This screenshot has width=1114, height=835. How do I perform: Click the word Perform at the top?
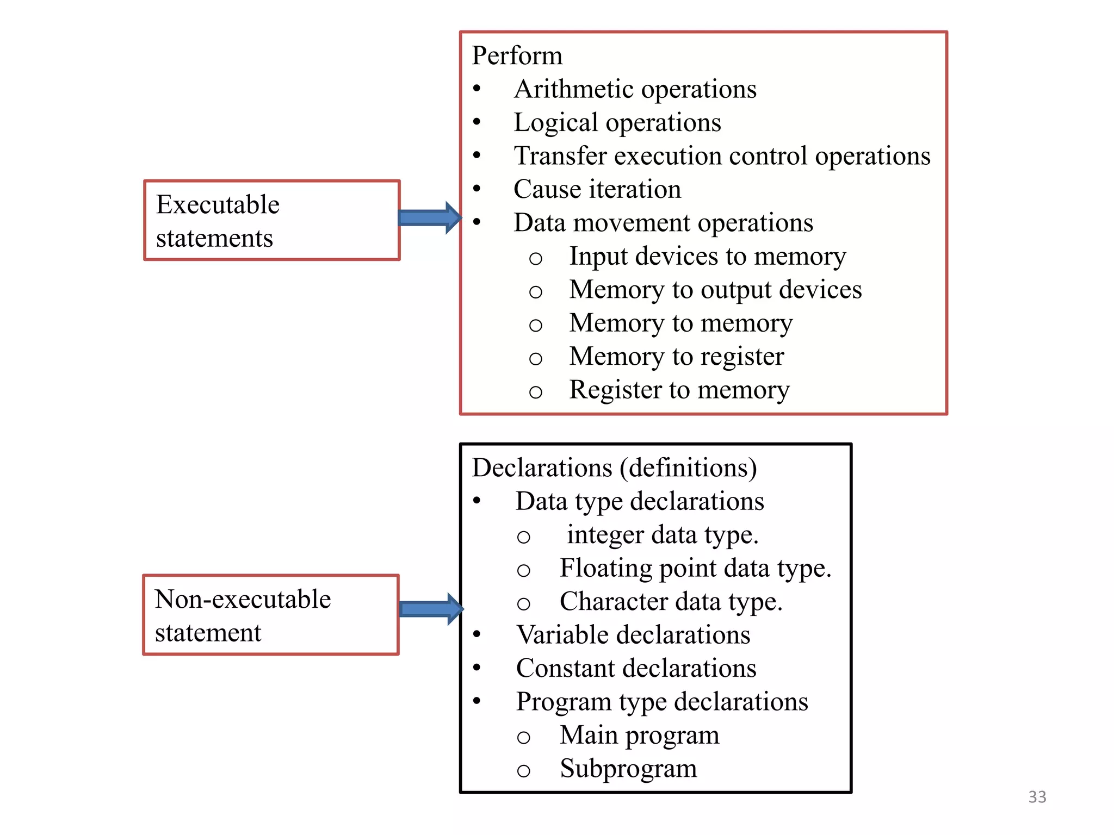pos(517,55)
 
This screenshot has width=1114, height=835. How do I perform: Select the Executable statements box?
pos(271,220)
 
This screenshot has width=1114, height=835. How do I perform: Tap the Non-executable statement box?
pos(270,615)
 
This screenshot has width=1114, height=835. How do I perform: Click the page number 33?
pos(1037,797)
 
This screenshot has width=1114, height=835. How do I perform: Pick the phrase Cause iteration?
pos(597,189)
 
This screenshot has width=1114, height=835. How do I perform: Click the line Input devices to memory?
pos(707,256)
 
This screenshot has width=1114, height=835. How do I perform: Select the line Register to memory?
pos(679,390)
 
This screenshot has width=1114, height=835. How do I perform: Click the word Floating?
pos(606,569)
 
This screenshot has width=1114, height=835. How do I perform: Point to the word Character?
pos(614,602)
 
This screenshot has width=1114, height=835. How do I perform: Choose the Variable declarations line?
pos(633,635)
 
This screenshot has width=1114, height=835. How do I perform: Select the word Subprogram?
pos(628,769)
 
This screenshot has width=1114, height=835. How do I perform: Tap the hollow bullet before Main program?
pos(523,738)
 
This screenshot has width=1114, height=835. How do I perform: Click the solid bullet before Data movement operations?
pos(477,222)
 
